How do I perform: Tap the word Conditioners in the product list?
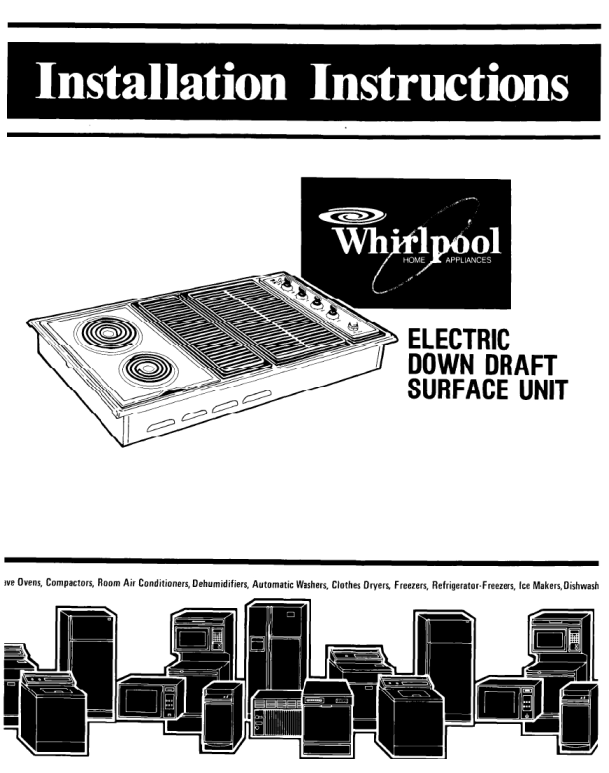(161, 587)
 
